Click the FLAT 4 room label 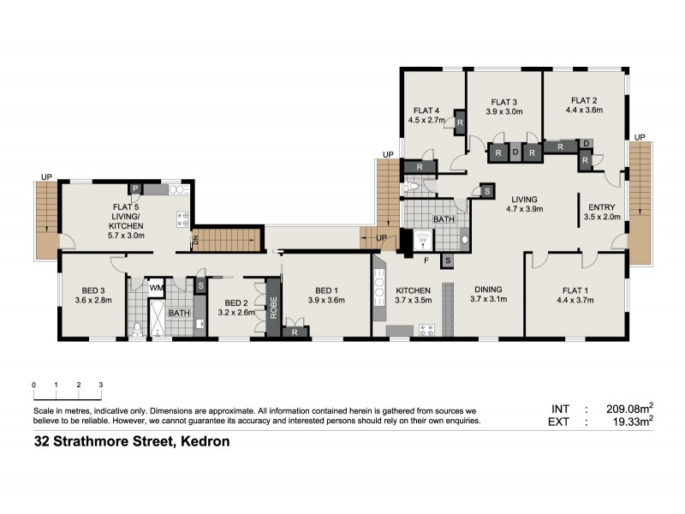tap(426, 110)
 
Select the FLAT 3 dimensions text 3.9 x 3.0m tap(504, 111)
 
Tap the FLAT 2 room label tap(584, 99)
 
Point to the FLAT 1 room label tap(575, 289)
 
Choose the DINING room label tap(488, 289)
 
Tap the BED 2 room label tap(237, 302)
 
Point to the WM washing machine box tap(156, 289)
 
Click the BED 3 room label tap(93, 290)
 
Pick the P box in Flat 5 tap(134, 188)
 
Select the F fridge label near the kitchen tap(426, 258)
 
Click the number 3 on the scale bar tap(101, 385)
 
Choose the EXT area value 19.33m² tap(631, 421)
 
